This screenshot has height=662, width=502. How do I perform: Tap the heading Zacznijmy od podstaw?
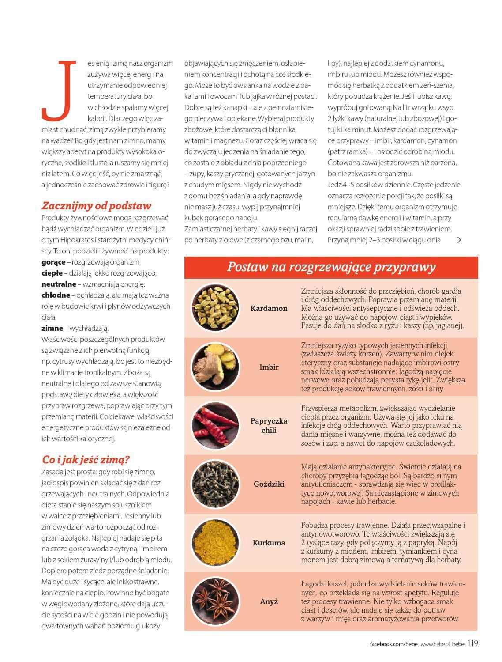96,205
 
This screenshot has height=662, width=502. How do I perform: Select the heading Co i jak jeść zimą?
86,459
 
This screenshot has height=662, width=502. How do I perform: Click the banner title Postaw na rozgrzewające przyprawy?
331,267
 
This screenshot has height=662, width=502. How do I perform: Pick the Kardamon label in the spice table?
269,308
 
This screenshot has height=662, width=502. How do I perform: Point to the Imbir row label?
269,367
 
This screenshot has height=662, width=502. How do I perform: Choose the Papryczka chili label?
269,425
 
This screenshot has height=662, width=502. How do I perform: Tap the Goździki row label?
269,484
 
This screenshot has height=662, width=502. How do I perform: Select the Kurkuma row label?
269,543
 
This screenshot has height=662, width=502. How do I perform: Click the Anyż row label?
269,601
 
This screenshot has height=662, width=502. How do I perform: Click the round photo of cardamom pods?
214,308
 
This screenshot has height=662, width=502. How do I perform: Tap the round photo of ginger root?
214,367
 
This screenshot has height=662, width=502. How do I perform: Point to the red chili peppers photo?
214,425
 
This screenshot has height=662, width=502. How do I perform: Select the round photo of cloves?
214,484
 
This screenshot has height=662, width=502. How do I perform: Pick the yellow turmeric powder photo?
214,543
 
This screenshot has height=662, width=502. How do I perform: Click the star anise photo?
214,601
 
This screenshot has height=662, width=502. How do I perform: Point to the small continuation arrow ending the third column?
458,240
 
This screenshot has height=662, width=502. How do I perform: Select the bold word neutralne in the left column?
59,284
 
